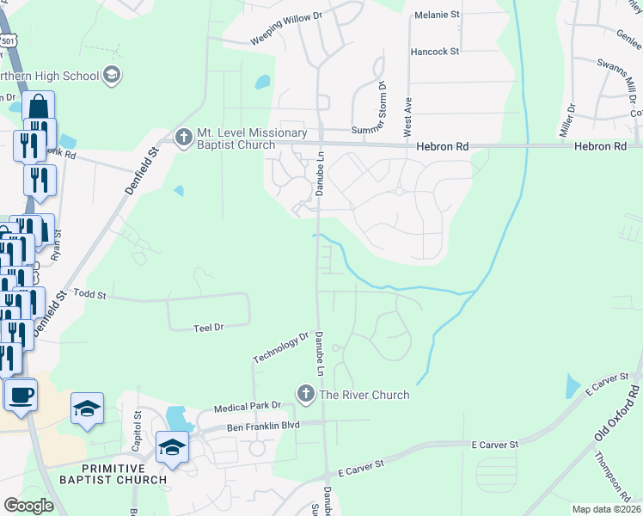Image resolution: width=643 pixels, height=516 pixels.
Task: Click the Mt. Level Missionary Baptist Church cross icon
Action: click(183, 138)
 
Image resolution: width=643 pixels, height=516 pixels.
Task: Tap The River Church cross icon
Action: click(305, 394)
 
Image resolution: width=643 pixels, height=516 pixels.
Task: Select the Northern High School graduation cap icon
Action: click(111, 75)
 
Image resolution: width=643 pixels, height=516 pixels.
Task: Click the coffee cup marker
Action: click(21, 396)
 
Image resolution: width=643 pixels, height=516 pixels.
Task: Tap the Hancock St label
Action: click(434, 52)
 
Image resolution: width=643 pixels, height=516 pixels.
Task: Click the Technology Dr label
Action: click(280, 347)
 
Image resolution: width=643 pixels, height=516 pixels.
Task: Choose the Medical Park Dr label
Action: click(254, 405)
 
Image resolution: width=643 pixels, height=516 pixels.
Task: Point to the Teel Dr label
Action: click(208, 328)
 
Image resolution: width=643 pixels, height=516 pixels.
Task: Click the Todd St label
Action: click(89, 295)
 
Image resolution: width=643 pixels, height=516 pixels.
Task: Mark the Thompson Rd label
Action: click(611, 476)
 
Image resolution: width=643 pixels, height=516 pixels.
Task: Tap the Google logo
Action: click(28, 506)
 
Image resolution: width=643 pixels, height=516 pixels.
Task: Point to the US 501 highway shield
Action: click(9, 41)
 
